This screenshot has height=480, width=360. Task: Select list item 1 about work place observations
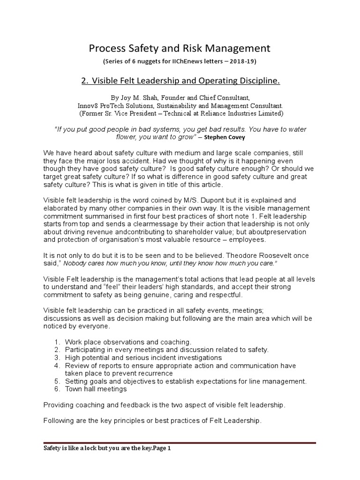click(x=128, y=342)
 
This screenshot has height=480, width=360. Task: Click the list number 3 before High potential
click(x=57, y=358)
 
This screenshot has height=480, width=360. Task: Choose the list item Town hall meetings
click(x=96, y=389)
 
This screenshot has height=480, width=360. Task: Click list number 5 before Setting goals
click(x=57, y=381)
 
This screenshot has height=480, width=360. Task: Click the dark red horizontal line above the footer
click(x=180, y=442)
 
